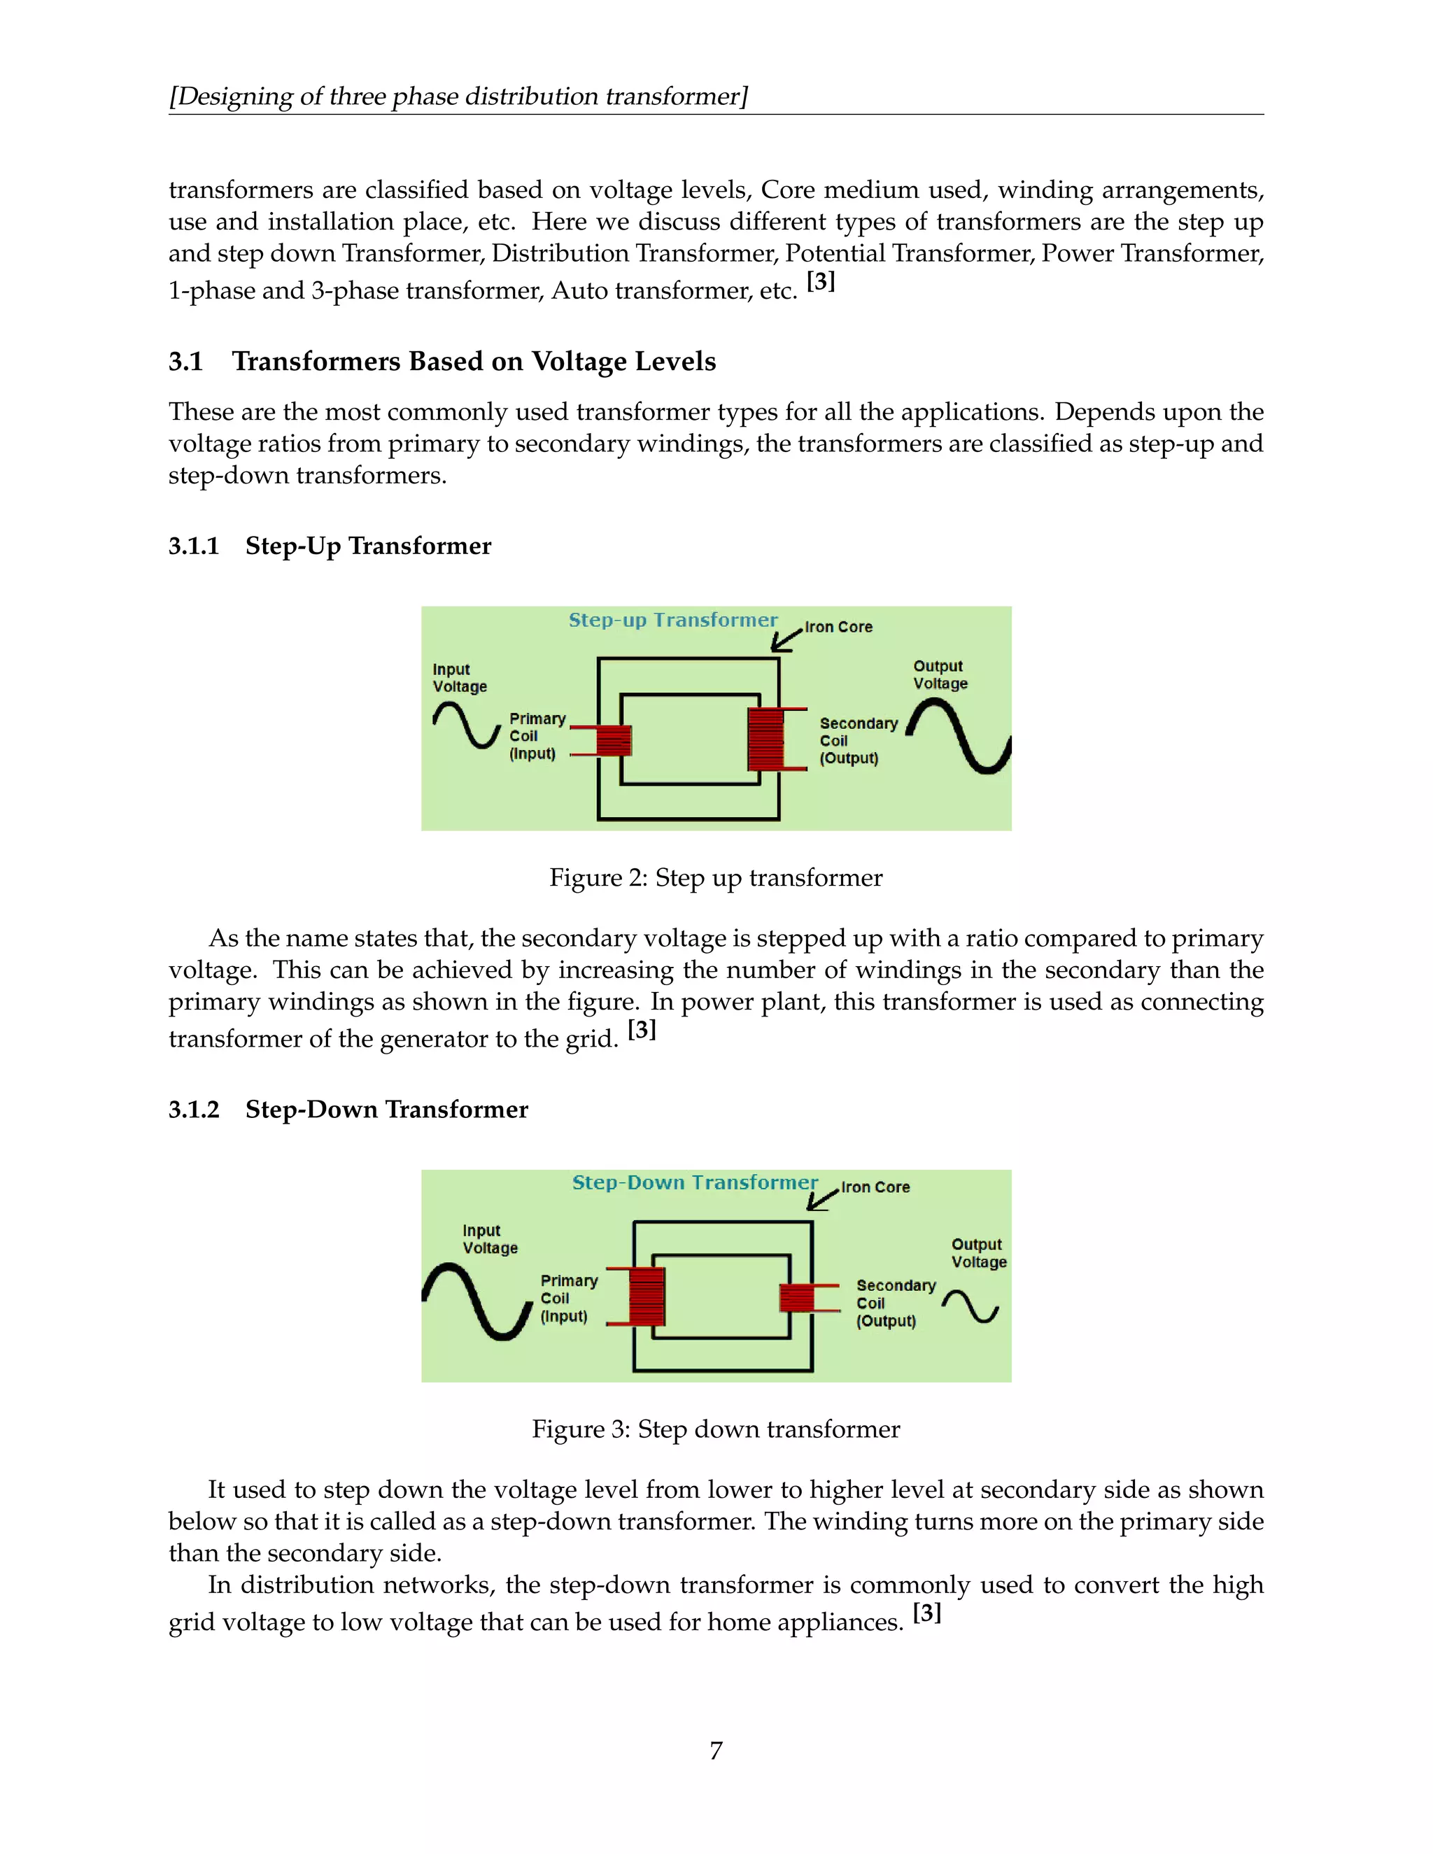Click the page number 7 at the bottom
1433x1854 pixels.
click(x=716, y=1750)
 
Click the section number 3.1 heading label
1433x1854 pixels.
click(x=185, y=362)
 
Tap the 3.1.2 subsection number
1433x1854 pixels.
click(x=194, y=1110)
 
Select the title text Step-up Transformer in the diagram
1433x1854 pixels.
click(x=672, y=621)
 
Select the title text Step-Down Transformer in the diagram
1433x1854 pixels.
click(x=694, y=1182)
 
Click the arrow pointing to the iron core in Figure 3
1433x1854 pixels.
click(x=821, y=1198)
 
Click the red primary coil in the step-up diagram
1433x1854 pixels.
click(x=614, y=740)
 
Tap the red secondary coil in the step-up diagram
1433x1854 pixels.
click(x=765, y=740)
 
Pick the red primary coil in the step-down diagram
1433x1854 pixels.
click(x=647, y=1296)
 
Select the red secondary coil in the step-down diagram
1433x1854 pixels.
click(x=796, y=1298)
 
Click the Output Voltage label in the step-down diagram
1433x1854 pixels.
click(x=978, y=1253)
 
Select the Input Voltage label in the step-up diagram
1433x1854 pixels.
click(x=459, y=678)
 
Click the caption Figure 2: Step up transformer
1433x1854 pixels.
click(x=716, y=878)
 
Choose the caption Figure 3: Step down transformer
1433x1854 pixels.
click(x=716, y=1429)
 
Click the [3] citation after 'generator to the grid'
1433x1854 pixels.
click(x=642, y=1030)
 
